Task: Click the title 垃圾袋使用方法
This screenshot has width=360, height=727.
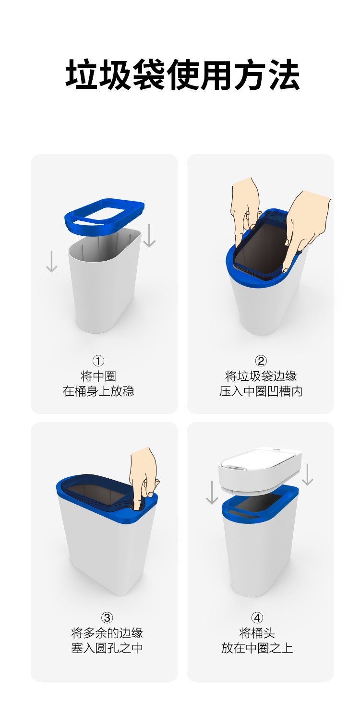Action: [x=182, y=75]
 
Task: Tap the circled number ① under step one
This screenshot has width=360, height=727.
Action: [x=98, y=361]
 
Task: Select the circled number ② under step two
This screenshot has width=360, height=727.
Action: [x=261, y=361]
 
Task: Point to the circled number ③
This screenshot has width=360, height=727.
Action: [x=107, y=618]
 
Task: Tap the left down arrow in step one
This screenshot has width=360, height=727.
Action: [x=51, y=261]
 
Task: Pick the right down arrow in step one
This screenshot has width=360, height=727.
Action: [x=149, y=236]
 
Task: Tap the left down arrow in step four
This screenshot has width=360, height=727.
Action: [x=212, y=493]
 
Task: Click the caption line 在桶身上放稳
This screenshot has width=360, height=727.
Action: [x=98, y=391]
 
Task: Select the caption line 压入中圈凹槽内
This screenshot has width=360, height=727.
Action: [x=261, y=391]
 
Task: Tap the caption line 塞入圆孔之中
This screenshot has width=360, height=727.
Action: [x=107, y=648]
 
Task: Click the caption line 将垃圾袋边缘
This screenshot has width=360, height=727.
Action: [x=261, y=376]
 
